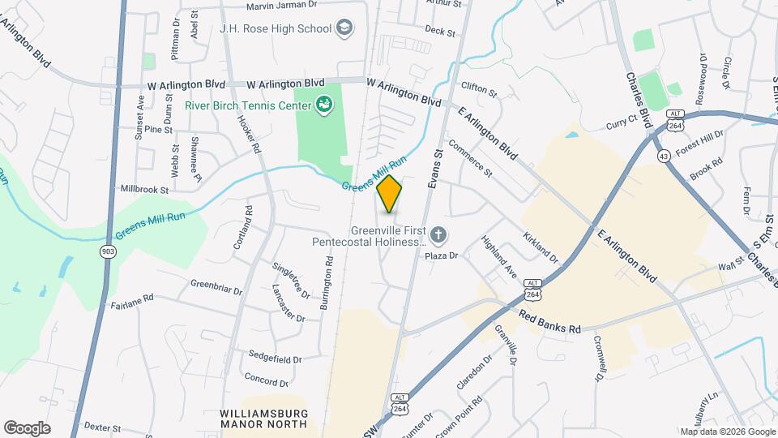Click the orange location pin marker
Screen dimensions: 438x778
(x=389, y=194)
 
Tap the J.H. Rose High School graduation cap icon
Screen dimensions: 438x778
(x=344, y=28)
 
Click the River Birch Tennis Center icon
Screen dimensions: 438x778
(x=324, y=105)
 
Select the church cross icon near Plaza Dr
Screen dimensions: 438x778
(x=438, y=236)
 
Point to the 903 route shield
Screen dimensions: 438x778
(x=107, y=252)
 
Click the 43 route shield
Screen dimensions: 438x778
(x=665, y=155)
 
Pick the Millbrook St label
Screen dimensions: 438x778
(x=144, y=190)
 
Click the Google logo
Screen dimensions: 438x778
(x=27, y=427)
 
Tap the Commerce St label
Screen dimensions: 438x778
(x=470, y=160)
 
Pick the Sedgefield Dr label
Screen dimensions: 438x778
(x=275, y=359)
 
